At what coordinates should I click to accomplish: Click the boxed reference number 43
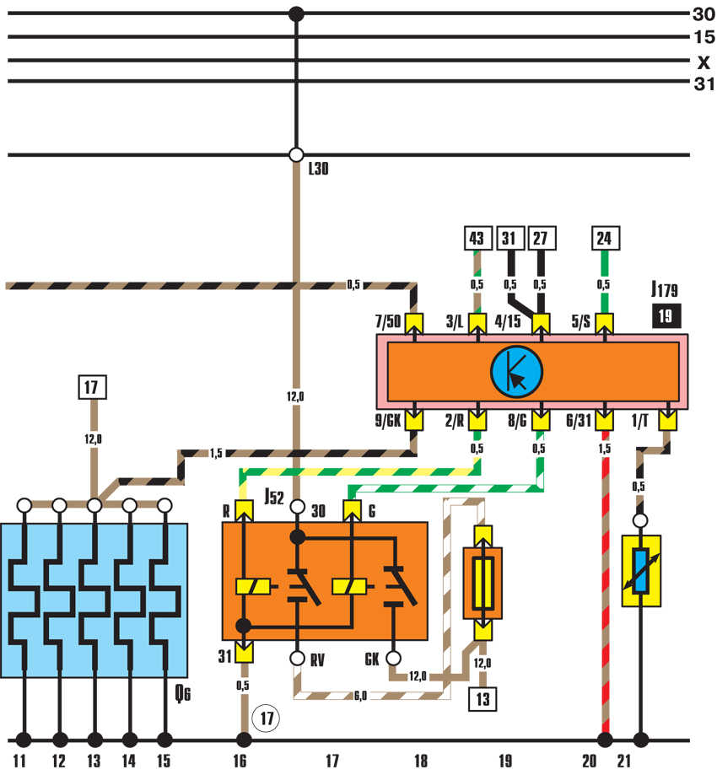(x=477, y=238)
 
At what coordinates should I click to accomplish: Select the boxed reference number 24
(x=606, y=238)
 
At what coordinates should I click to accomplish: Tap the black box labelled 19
(x=666, y=316)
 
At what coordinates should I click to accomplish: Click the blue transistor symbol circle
(x=517, y=372)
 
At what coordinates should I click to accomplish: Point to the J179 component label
(x=664, y=289)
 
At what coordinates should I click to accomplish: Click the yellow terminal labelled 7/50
(x=414, y=324)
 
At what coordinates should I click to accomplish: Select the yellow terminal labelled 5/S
(x=604, y=324)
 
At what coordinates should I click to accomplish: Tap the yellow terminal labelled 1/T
(x=667, y=421)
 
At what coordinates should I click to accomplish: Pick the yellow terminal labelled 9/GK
(x=414, y=421)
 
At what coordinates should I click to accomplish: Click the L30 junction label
(x=319, y=169)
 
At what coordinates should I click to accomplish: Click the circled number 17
(x=267, y=718)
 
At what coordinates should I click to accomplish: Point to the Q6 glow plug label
(x=183, y=693)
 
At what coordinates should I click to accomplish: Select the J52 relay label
(x=274, y=496)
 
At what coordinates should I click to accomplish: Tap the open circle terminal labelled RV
(x=297, y=659)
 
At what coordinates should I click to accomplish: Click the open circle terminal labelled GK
(x=394, y=659)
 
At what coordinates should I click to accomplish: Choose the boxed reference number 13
(x=483, y=699)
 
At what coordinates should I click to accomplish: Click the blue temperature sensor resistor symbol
(x=641, y=571)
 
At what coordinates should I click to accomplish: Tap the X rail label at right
(x=704, y=62)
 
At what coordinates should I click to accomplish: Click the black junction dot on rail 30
(x=296, y=14)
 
